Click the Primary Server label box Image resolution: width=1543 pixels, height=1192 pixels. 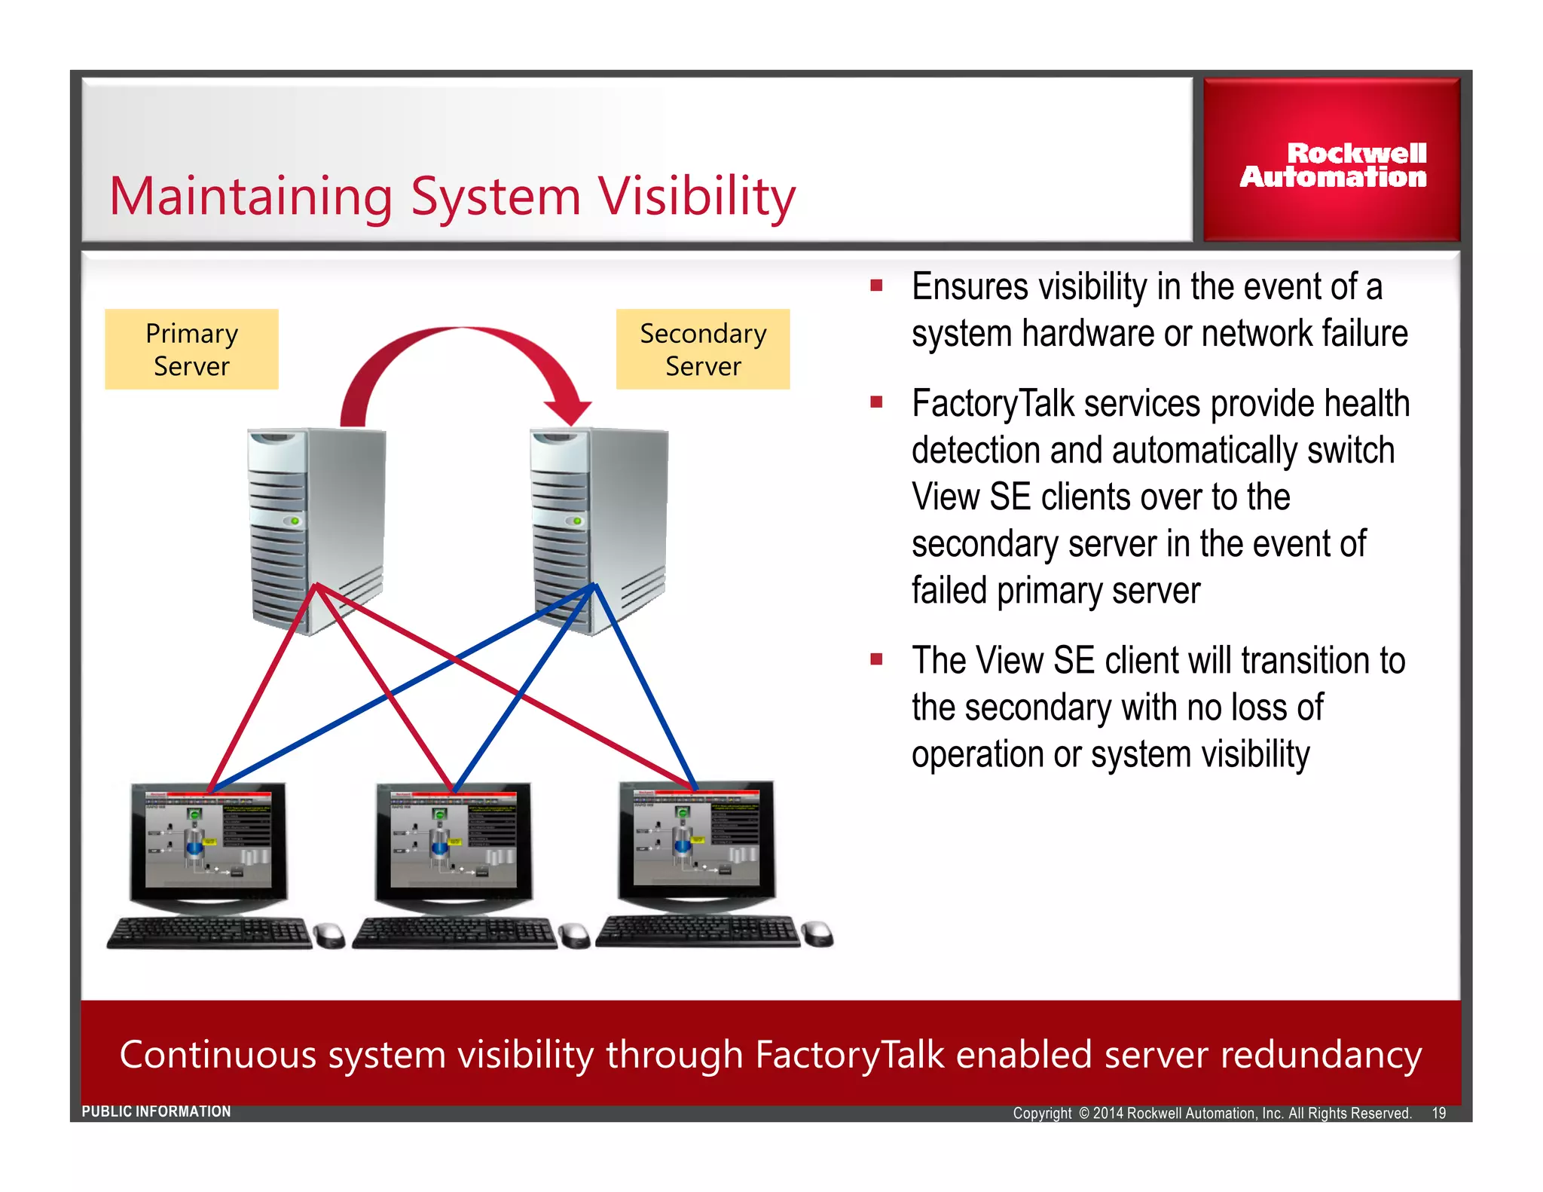pos(191,349)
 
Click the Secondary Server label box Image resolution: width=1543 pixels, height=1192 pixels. pos(702,349)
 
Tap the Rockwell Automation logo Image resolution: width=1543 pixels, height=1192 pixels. pos(1332,164)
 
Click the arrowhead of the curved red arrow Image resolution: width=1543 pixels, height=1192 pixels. pos(569,411)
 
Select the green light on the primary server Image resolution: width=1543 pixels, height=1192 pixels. pos(295,521)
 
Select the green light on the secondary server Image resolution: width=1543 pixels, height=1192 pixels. pos(577,521)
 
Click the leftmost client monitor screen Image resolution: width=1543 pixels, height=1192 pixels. pos(208,839)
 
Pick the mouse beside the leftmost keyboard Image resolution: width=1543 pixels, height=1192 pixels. pos(329,935)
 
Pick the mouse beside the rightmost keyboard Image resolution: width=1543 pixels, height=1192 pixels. pos(817,934)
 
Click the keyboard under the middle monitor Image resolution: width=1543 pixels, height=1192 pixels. pos(454,933)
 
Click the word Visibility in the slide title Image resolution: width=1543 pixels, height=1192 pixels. pos(697,197)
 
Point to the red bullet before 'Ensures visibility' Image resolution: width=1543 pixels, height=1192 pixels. pos(875,286)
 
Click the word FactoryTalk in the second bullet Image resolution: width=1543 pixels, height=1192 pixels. pos(992,404)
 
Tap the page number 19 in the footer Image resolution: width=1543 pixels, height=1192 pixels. pos(1438,1113)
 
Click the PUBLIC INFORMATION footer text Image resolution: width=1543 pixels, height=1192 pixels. pos(156,1111)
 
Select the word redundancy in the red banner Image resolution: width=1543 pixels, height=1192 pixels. pos(1321,1055)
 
